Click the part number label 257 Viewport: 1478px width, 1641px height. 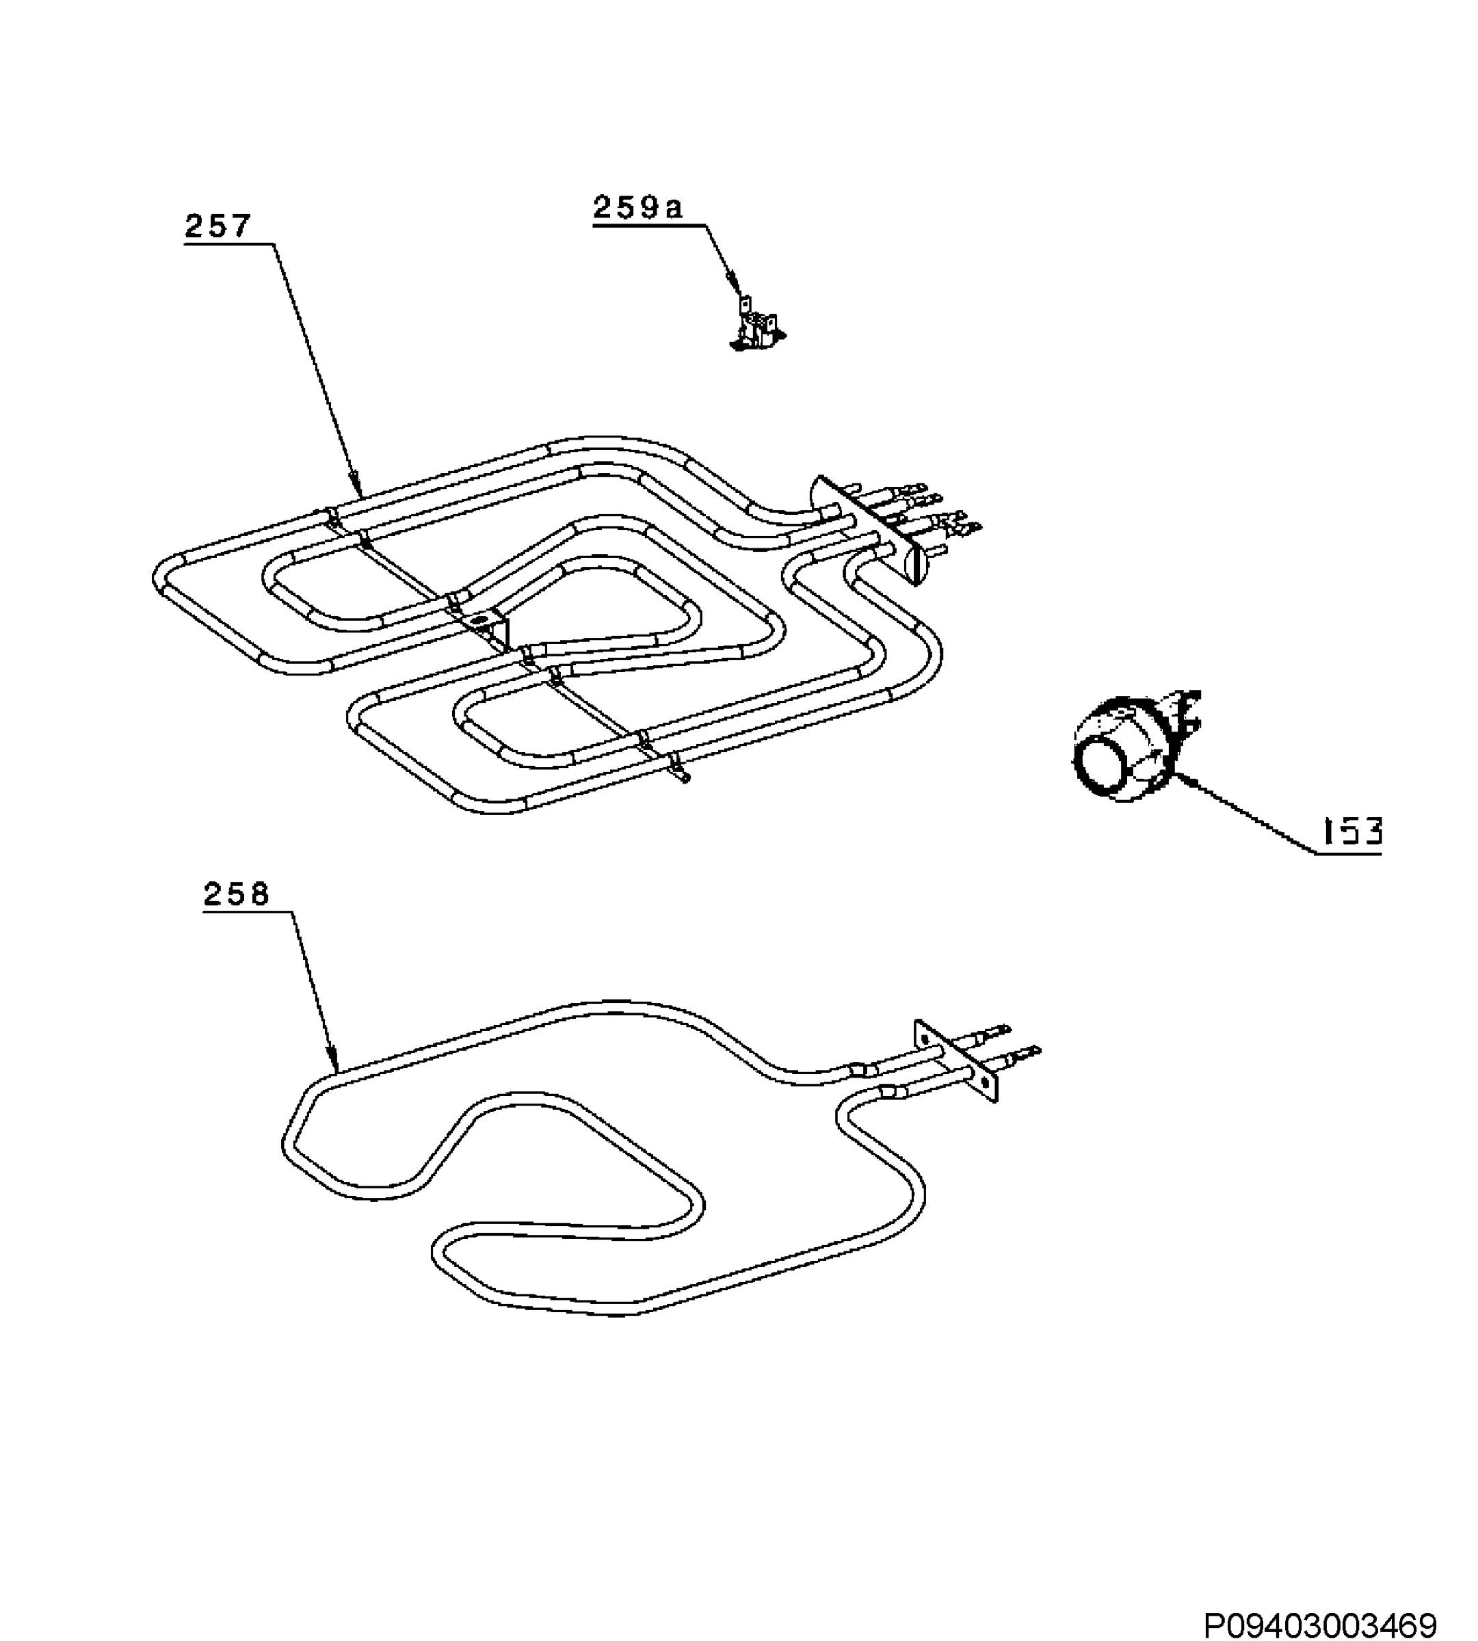coord(217,226)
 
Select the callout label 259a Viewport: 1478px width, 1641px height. coord(638,208)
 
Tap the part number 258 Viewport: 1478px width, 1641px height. coord(237,895)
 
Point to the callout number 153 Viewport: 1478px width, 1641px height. coord(1352,832)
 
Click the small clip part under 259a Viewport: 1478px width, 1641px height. coord(757,325)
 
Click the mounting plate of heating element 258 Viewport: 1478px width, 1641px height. coord(957,1061)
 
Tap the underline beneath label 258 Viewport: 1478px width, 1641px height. coord(248,912)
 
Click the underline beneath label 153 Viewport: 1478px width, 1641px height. coord(1349,853)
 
